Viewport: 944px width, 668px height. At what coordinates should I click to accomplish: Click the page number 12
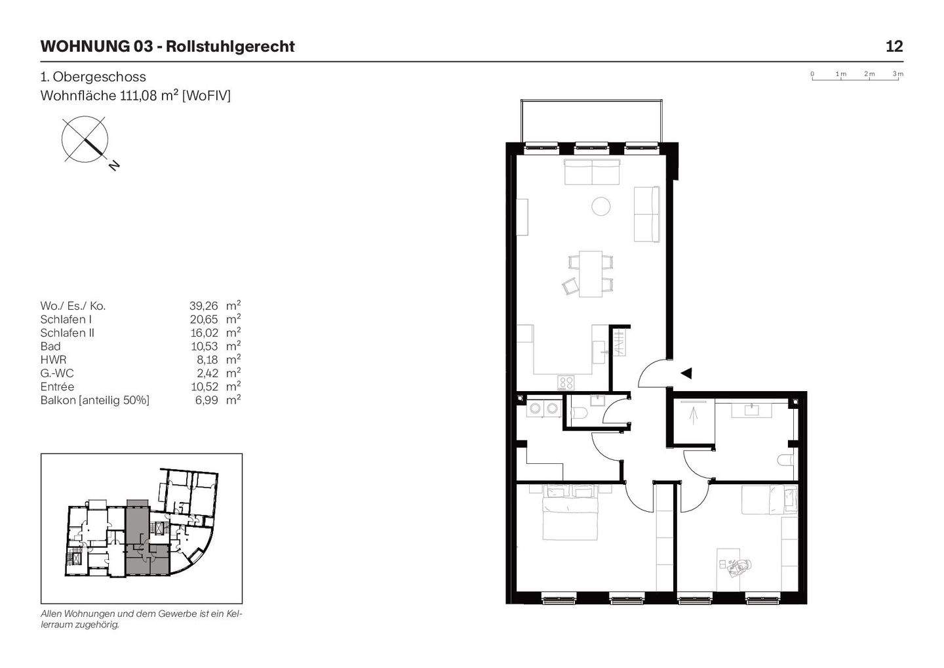coord(894,47)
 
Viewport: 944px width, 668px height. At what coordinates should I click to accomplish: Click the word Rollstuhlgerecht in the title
coord(230,47)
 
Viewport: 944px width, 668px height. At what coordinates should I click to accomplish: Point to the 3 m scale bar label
coord(897,73)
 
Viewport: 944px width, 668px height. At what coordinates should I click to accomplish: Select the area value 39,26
coord(203,306)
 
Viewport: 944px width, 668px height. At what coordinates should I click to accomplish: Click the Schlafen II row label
coord(68,333)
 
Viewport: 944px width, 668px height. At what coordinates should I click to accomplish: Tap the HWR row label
coord(53,360)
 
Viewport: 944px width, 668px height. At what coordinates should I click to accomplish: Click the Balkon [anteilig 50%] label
coord(95,400)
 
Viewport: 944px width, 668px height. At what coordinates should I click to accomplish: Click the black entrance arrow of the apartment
coord(686,373)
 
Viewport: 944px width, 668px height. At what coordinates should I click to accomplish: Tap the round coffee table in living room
coord(601,207)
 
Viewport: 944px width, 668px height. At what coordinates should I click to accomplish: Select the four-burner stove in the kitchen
coord(566,382)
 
